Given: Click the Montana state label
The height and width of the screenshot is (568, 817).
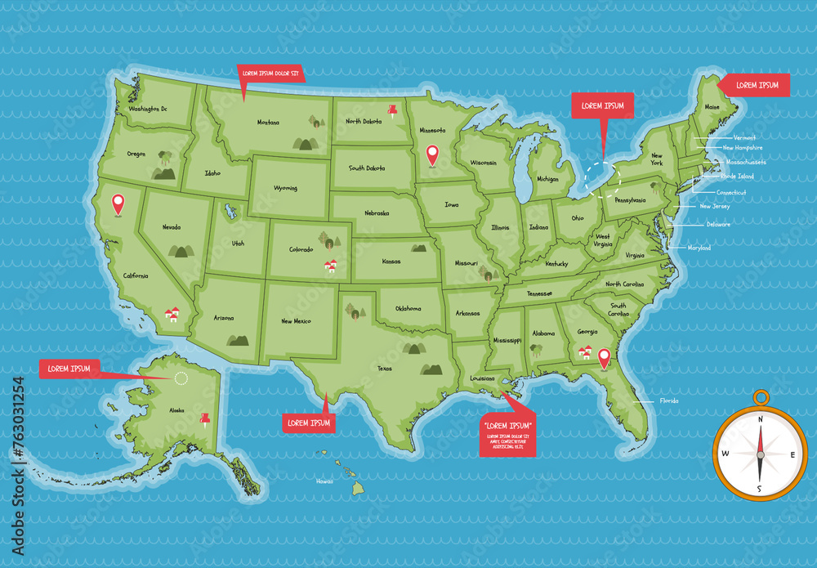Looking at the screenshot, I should pos(268,123).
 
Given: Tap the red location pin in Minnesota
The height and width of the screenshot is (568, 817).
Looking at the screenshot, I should pos(433,154).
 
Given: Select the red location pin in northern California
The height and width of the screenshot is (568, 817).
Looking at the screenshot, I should pos(118,203).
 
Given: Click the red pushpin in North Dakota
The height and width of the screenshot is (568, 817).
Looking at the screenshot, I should pos(392,110).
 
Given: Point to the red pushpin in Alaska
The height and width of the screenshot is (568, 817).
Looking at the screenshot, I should pos(204,420).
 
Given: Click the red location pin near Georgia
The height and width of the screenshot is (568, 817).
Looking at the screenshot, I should pos(604,358).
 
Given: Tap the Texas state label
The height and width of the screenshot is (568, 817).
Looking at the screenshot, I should pos(385,368).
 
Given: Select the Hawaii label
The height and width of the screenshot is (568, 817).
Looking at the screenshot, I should pos(324,481).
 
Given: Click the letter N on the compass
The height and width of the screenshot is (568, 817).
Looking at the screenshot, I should pos(760,419).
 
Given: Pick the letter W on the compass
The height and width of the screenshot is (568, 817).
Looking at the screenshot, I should pos(725,454).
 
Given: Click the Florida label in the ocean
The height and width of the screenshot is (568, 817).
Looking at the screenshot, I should pos(669,401).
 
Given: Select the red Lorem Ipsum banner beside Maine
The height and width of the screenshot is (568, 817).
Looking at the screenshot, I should pos(756,85).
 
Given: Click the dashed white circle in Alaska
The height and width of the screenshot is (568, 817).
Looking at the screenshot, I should pos(181,378).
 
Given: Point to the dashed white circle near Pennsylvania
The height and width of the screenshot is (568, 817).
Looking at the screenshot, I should pos(602,177).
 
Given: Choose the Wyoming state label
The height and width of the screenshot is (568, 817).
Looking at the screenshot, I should pos(285,188).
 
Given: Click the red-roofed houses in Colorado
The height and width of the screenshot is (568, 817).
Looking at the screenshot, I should pos(330,266).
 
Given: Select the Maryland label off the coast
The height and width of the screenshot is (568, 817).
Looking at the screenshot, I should pos(699,248).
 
